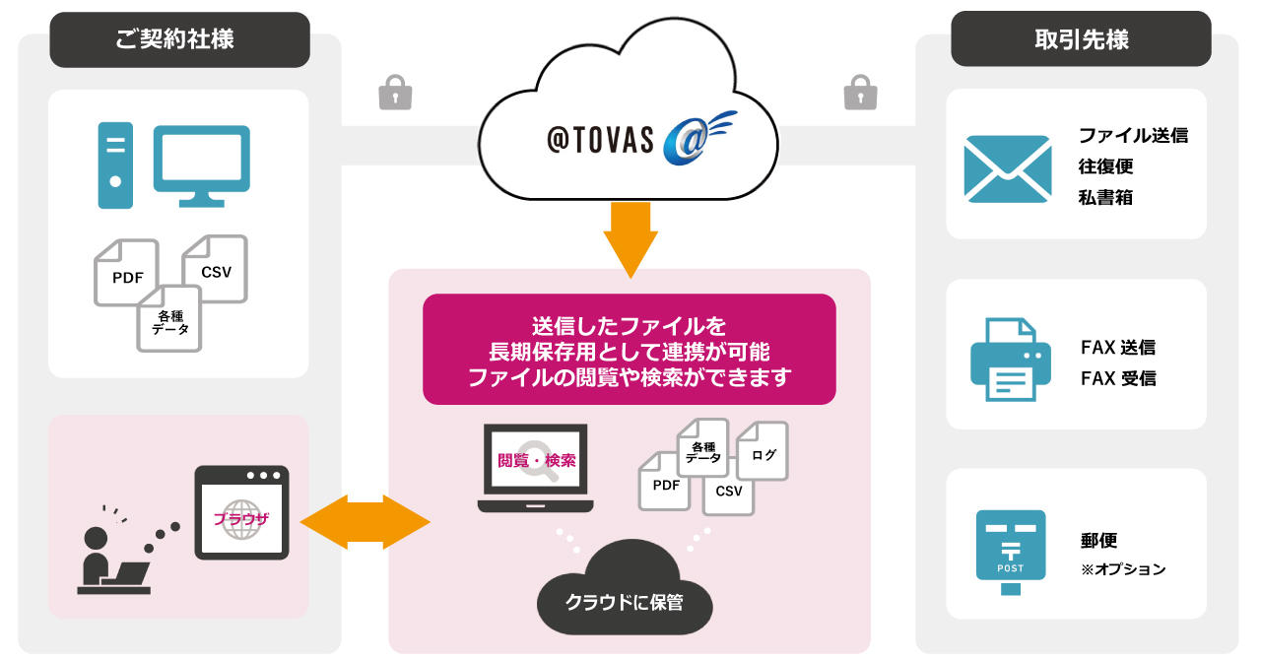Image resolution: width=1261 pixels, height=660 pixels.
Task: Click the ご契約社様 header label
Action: pos(179,39)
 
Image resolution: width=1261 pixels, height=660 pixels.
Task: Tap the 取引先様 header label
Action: pos(1081,39)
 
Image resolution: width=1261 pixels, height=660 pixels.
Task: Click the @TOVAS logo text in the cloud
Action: pos(600,139)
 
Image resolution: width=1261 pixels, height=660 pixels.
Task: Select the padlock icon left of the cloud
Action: pos(395,93)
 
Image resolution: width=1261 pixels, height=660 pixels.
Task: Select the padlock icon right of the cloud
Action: pos(860,93)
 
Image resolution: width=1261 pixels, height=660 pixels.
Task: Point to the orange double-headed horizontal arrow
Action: pos(365,521)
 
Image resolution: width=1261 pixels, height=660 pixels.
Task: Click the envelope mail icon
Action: pos(1007,168)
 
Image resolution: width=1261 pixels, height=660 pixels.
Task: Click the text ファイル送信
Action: pos(1133,136)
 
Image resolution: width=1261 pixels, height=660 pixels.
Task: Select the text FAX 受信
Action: pos(1118,378)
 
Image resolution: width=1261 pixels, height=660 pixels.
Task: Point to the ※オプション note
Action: pos(1123,569)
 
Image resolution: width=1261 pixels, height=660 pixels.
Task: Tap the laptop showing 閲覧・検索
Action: pos(536,467)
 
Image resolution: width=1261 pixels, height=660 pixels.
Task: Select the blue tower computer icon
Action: pos(115,165)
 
